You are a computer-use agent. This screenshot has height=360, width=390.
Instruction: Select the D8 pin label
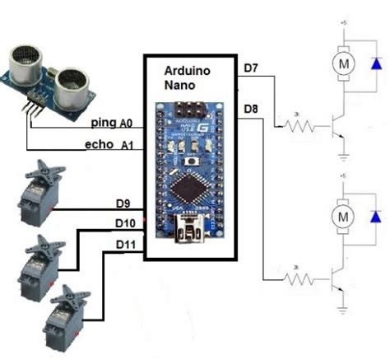point(253,108)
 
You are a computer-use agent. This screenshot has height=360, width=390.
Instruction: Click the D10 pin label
point(125,223)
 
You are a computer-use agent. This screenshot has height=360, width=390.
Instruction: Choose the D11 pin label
point(125,245)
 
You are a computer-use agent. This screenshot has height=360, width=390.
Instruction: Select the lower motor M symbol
point(340,216)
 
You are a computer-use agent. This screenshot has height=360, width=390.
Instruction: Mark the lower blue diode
point(376,216)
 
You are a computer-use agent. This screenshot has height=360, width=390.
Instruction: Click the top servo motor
point(37,194)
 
